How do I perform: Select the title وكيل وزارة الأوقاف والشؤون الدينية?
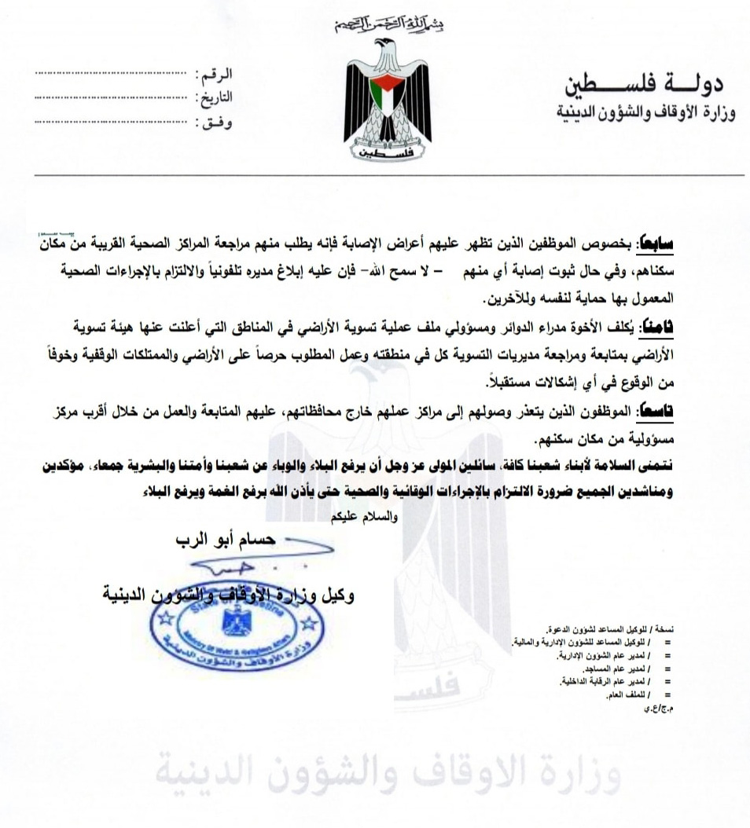229,595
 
